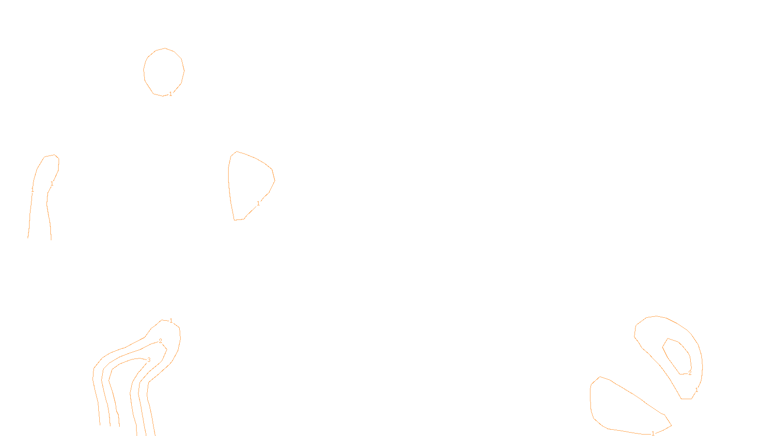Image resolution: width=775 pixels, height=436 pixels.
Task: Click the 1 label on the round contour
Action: pos(170,94)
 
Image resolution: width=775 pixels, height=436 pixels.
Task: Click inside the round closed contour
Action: pos(164,71)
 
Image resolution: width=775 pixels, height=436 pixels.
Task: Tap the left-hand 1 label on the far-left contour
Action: pos(32,190)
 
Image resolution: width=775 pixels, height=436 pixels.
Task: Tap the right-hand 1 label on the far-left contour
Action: pos(52,184)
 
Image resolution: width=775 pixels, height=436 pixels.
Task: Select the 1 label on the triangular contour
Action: pos(258,203)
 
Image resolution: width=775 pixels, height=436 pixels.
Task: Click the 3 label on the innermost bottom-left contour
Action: pos(149,360)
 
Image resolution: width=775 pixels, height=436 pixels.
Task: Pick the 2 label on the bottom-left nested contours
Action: pos(160,341)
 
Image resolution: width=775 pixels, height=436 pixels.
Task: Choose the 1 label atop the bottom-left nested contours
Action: pos(171,321)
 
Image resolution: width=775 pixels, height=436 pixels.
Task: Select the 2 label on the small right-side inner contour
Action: pos(690,373)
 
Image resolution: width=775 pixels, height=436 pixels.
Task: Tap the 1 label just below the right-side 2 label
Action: pos(697,390)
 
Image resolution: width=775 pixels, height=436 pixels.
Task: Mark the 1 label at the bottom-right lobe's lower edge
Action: pos(653,433)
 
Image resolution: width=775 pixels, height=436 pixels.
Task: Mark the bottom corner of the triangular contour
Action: pos(235,220)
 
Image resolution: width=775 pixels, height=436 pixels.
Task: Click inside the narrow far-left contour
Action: pos(41,203)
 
